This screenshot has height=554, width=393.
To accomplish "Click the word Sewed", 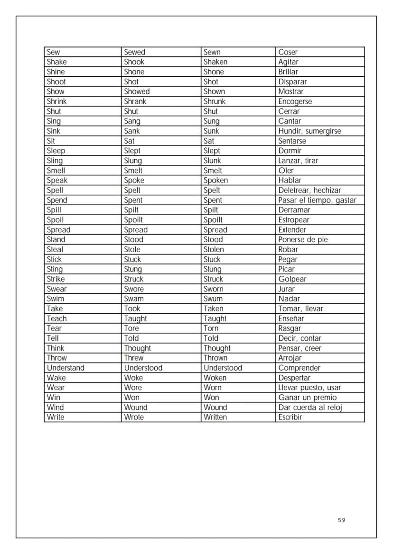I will click(x=135, y=52).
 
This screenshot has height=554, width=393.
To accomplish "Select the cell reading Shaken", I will click(x=215, y=62).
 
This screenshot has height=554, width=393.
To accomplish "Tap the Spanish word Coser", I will click(x=288, y=52).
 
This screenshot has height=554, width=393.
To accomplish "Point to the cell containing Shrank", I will click(x=135, y=101).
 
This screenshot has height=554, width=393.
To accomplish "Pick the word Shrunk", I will click(x=215, y=101).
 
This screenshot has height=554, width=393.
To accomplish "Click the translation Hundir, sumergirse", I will click(x=309, y=131).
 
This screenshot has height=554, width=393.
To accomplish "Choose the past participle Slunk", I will click(x=212, y=161).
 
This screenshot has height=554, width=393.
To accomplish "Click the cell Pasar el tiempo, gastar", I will click(x=317, y=200).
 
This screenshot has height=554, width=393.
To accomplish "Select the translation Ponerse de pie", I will click(x=303, y=240).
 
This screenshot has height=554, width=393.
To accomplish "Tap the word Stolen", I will click(x=214, y=250).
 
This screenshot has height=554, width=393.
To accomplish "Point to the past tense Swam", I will click(x=134, y=299).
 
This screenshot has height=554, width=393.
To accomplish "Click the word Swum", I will click(x=213, y=299).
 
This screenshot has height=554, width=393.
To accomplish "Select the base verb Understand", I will click(x=65, y=368).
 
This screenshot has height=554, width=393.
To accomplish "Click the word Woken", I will click(x=215, y=378).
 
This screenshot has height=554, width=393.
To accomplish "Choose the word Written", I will click(x=215, y=418).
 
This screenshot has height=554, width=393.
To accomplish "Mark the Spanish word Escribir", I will click(x=290, y=418).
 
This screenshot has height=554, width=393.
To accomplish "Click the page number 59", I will click(x=342, y=520).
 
